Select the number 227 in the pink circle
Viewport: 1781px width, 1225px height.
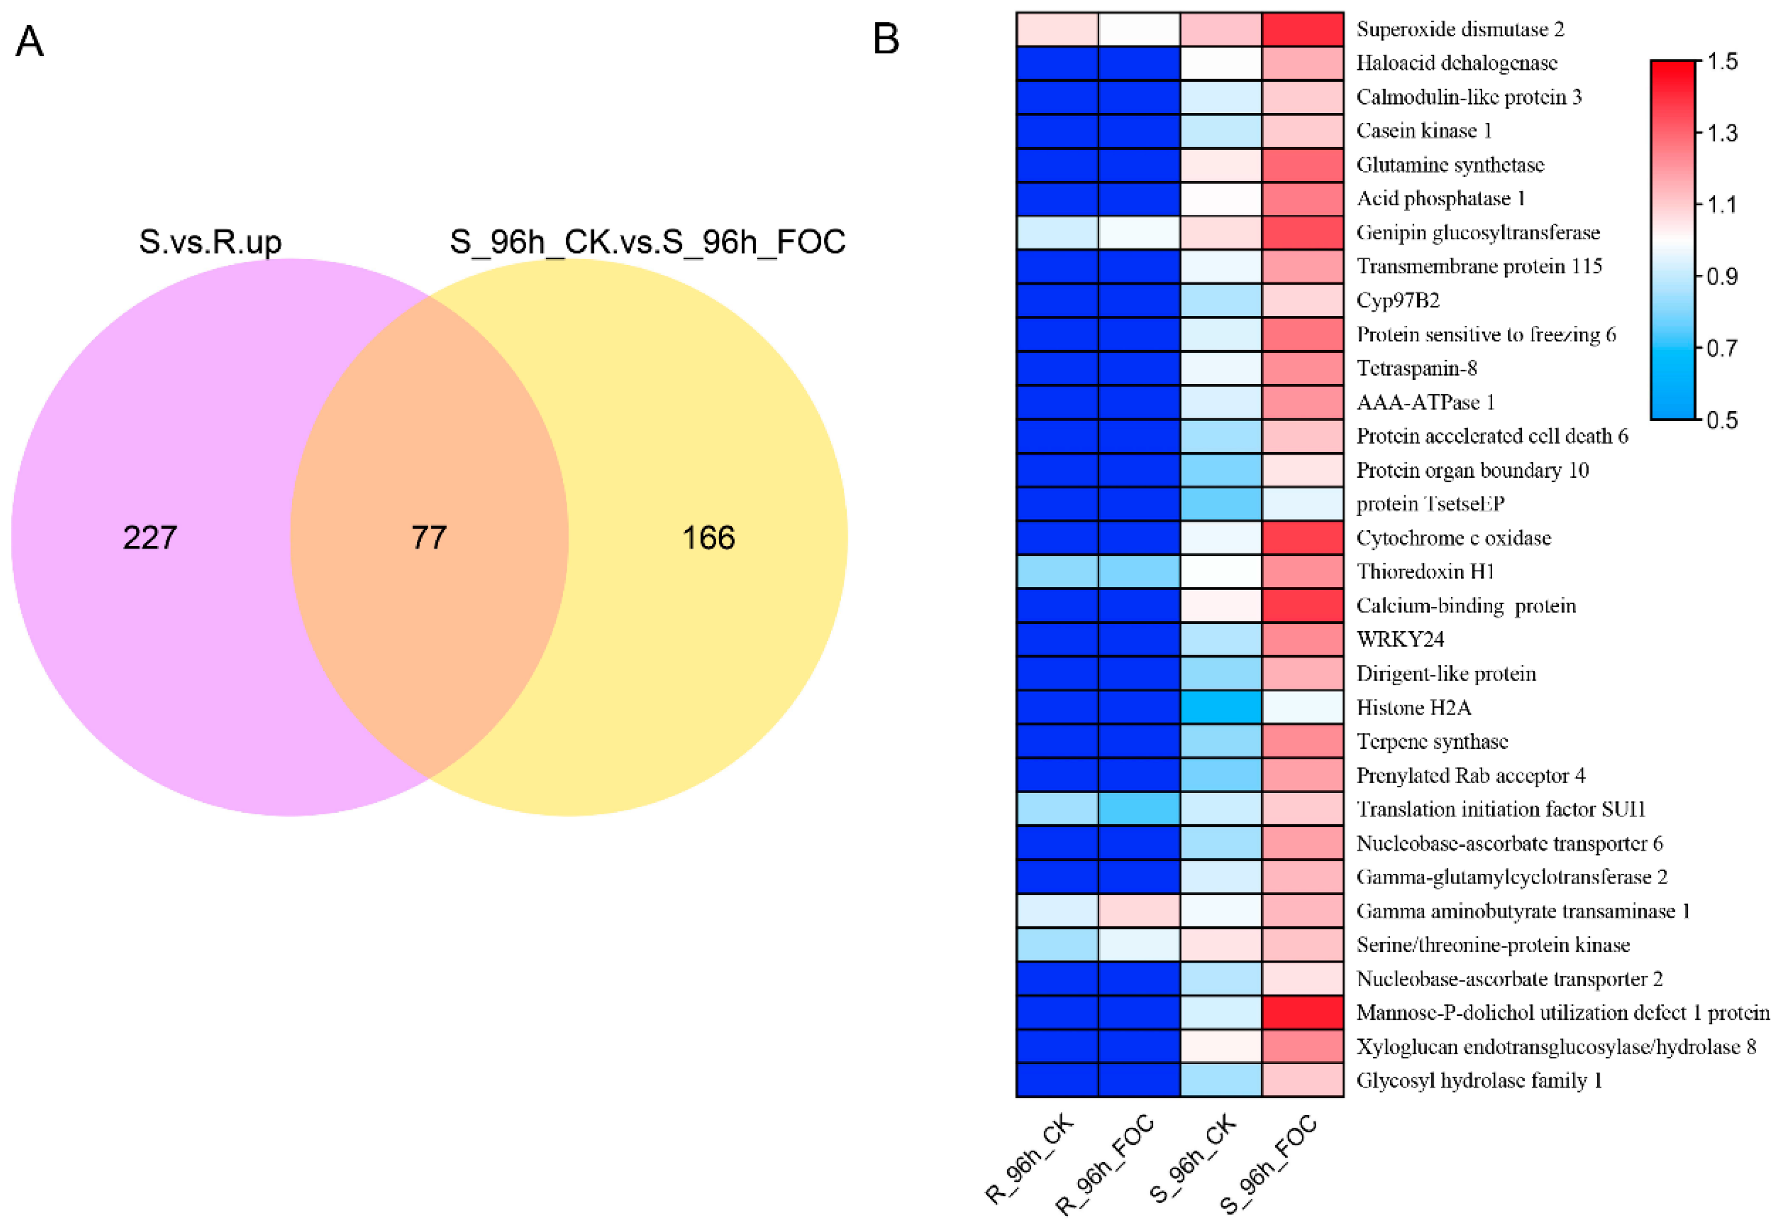150,537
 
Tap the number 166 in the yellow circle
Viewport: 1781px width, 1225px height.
708,537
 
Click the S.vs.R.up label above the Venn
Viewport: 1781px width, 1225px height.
210,242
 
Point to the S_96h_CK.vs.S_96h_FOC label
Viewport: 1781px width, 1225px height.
647,242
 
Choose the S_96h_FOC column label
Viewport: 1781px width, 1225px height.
1268,1163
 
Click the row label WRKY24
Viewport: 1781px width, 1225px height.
1400,640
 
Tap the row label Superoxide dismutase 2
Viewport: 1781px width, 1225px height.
1459,29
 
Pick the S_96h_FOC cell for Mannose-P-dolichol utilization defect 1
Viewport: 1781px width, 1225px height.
1302,1012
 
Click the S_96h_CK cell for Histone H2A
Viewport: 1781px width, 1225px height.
1220,707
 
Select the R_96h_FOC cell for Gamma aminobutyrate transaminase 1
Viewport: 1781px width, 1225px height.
1138,910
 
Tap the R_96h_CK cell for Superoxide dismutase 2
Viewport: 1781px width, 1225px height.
1057,29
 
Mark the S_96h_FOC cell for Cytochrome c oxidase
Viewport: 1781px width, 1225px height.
1302,537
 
